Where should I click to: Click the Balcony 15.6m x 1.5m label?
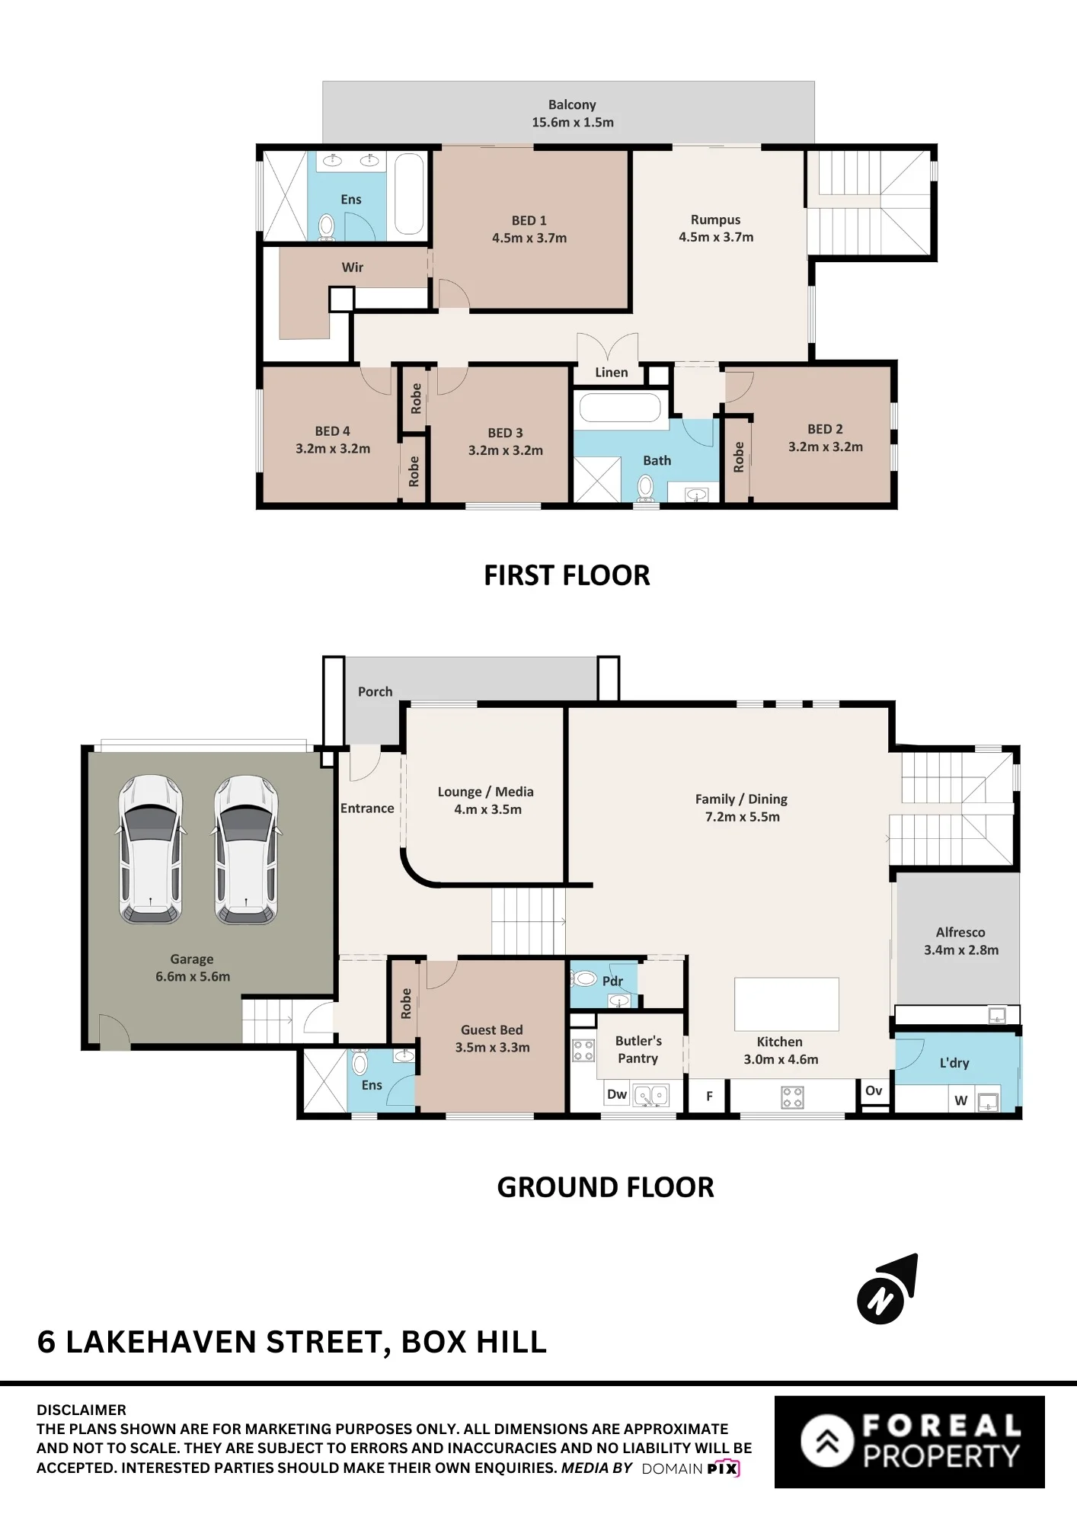tap(572, 114)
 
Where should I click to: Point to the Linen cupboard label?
tap(612, 372)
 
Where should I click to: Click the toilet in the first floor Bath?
tap(645, 488)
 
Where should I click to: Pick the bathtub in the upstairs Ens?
tap(409, 194)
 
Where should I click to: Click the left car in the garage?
tap(151, 849)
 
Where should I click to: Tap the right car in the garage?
tap(246, 849)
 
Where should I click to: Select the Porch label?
tap(376, 691)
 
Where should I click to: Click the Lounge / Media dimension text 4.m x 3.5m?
tap(487, 809)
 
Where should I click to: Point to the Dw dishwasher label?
tap(617, 1094)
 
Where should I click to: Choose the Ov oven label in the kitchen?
tap(874, 1090)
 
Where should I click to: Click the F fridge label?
tap(709, 1097)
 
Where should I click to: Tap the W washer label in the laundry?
tap(961, 1100)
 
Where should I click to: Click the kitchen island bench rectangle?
tap(787, 1004)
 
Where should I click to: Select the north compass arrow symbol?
tap(887, 1289)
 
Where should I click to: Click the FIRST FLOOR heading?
tap(567, 575)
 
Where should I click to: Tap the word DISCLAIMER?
tap(81, 1410)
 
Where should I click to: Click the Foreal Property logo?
tap(909, 1442)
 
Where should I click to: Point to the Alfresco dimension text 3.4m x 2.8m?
tap(961, 949)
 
